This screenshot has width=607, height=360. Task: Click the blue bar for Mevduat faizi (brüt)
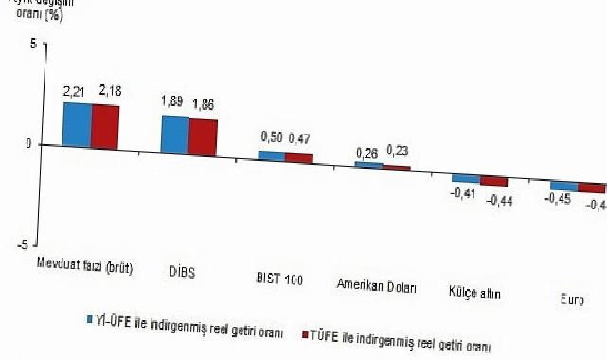pyautogui.click(x=77, y=125)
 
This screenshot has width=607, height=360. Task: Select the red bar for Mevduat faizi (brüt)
pyautogui.click(x=105, y=126)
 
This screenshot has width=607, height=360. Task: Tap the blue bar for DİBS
pyautogui.click(x=174, y=134)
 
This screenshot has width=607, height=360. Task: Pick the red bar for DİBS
pyautogui.click(x=203, y=135)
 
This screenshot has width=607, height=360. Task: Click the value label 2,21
pyautogui.click(x=75, y=92)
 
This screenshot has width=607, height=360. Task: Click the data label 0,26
pyautogui.click(x=367, y=152)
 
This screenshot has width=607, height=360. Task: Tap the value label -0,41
pyautogui.click(x=464, y=194)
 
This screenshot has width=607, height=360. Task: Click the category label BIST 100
pyautogui.click(x=281, y=279)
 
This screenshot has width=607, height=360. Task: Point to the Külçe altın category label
pyautogui.click(x=474, y=294)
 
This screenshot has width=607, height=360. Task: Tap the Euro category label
pyautogui.click(x=571, y=299)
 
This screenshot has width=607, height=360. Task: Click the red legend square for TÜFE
pyautogui.click(x=305, y=333)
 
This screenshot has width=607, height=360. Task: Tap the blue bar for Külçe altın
pyautogui.click(x=465, y=178)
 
